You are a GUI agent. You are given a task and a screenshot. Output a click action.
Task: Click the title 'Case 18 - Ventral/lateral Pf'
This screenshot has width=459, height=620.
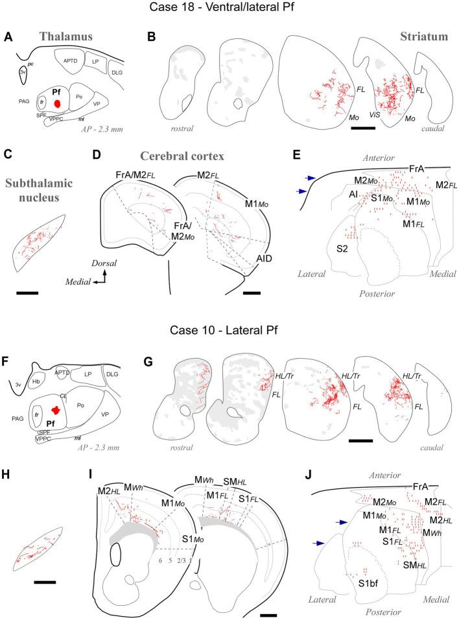(x=230, y=9)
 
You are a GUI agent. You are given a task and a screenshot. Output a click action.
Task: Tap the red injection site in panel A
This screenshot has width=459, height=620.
(x=58, y=104)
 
